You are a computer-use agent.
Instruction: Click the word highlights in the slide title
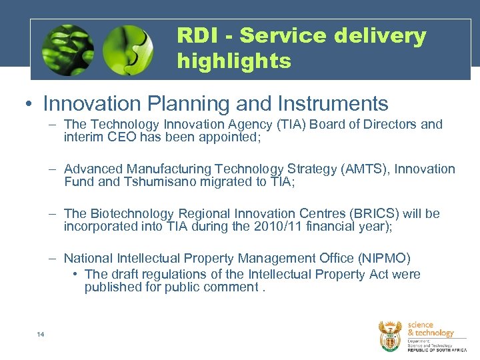point(234,61)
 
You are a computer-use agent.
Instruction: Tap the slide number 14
point(41,334)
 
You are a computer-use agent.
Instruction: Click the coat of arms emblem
point(390,335)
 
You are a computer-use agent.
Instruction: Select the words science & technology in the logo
point(430,329)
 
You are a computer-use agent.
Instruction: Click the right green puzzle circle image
point(128,50)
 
